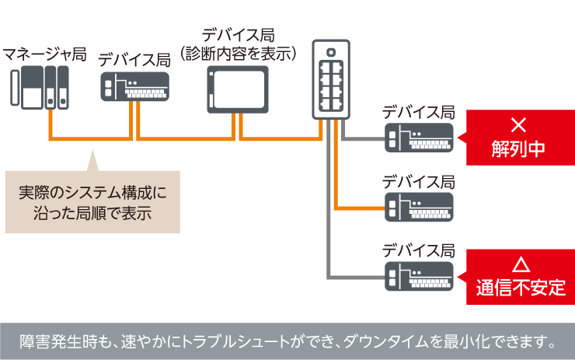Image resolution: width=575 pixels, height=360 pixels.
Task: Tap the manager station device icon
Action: [x=41, y=89]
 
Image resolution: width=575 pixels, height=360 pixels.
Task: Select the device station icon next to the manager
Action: [x=134, y=87]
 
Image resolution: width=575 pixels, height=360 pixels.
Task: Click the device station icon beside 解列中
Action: [x=418, y=138]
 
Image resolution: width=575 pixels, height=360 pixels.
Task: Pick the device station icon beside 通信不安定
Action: [x=418, y=276]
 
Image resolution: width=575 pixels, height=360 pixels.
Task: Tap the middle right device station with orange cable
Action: [x=418, y=207]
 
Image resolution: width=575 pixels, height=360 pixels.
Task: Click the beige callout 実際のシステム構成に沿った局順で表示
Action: [x=92, y=201]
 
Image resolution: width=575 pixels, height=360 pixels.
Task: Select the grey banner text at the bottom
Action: [x=287, y=341]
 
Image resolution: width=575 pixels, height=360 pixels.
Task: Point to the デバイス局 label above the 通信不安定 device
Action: [x=418, y=250]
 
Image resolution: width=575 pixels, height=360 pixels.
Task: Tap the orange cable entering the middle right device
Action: [x=361, y=208]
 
